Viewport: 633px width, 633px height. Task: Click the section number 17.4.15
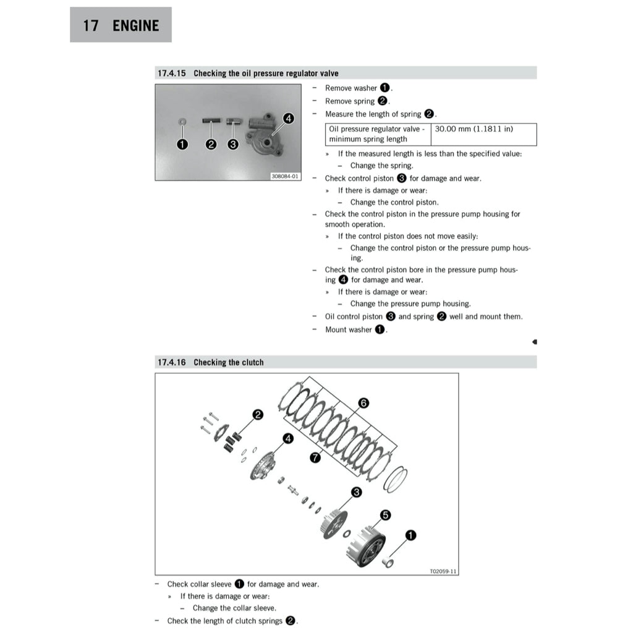(172, 74)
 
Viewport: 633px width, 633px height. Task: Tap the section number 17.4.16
(172, 363)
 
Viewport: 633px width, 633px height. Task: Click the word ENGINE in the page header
(136, 25)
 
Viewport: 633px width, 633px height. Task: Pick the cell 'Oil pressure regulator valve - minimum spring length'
(377, 134)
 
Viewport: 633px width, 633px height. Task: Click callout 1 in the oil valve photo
(182, 145)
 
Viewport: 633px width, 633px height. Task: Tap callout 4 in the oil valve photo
(288, 118)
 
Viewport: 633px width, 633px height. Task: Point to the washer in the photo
(182, 121)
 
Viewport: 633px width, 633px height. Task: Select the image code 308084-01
(284, 176)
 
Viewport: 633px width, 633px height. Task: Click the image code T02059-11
(443, 571)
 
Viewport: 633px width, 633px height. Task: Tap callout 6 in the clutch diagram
(363, 403)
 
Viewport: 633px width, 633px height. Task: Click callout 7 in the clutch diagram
(315, 457)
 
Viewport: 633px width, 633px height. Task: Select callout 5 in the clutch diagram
(384, 515)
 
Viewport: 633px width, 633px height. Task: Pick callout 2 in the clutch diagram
(257, 415)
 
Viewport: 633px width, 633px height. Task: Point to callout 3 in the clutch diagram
(357, 492)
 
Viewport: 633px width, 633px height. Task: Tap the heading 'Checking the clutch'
(228, 363)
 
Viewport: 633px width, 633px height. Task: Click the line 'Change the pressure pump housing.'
(410, 304)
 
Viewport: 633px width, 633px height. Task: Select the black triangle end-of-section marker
(534, 341)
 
